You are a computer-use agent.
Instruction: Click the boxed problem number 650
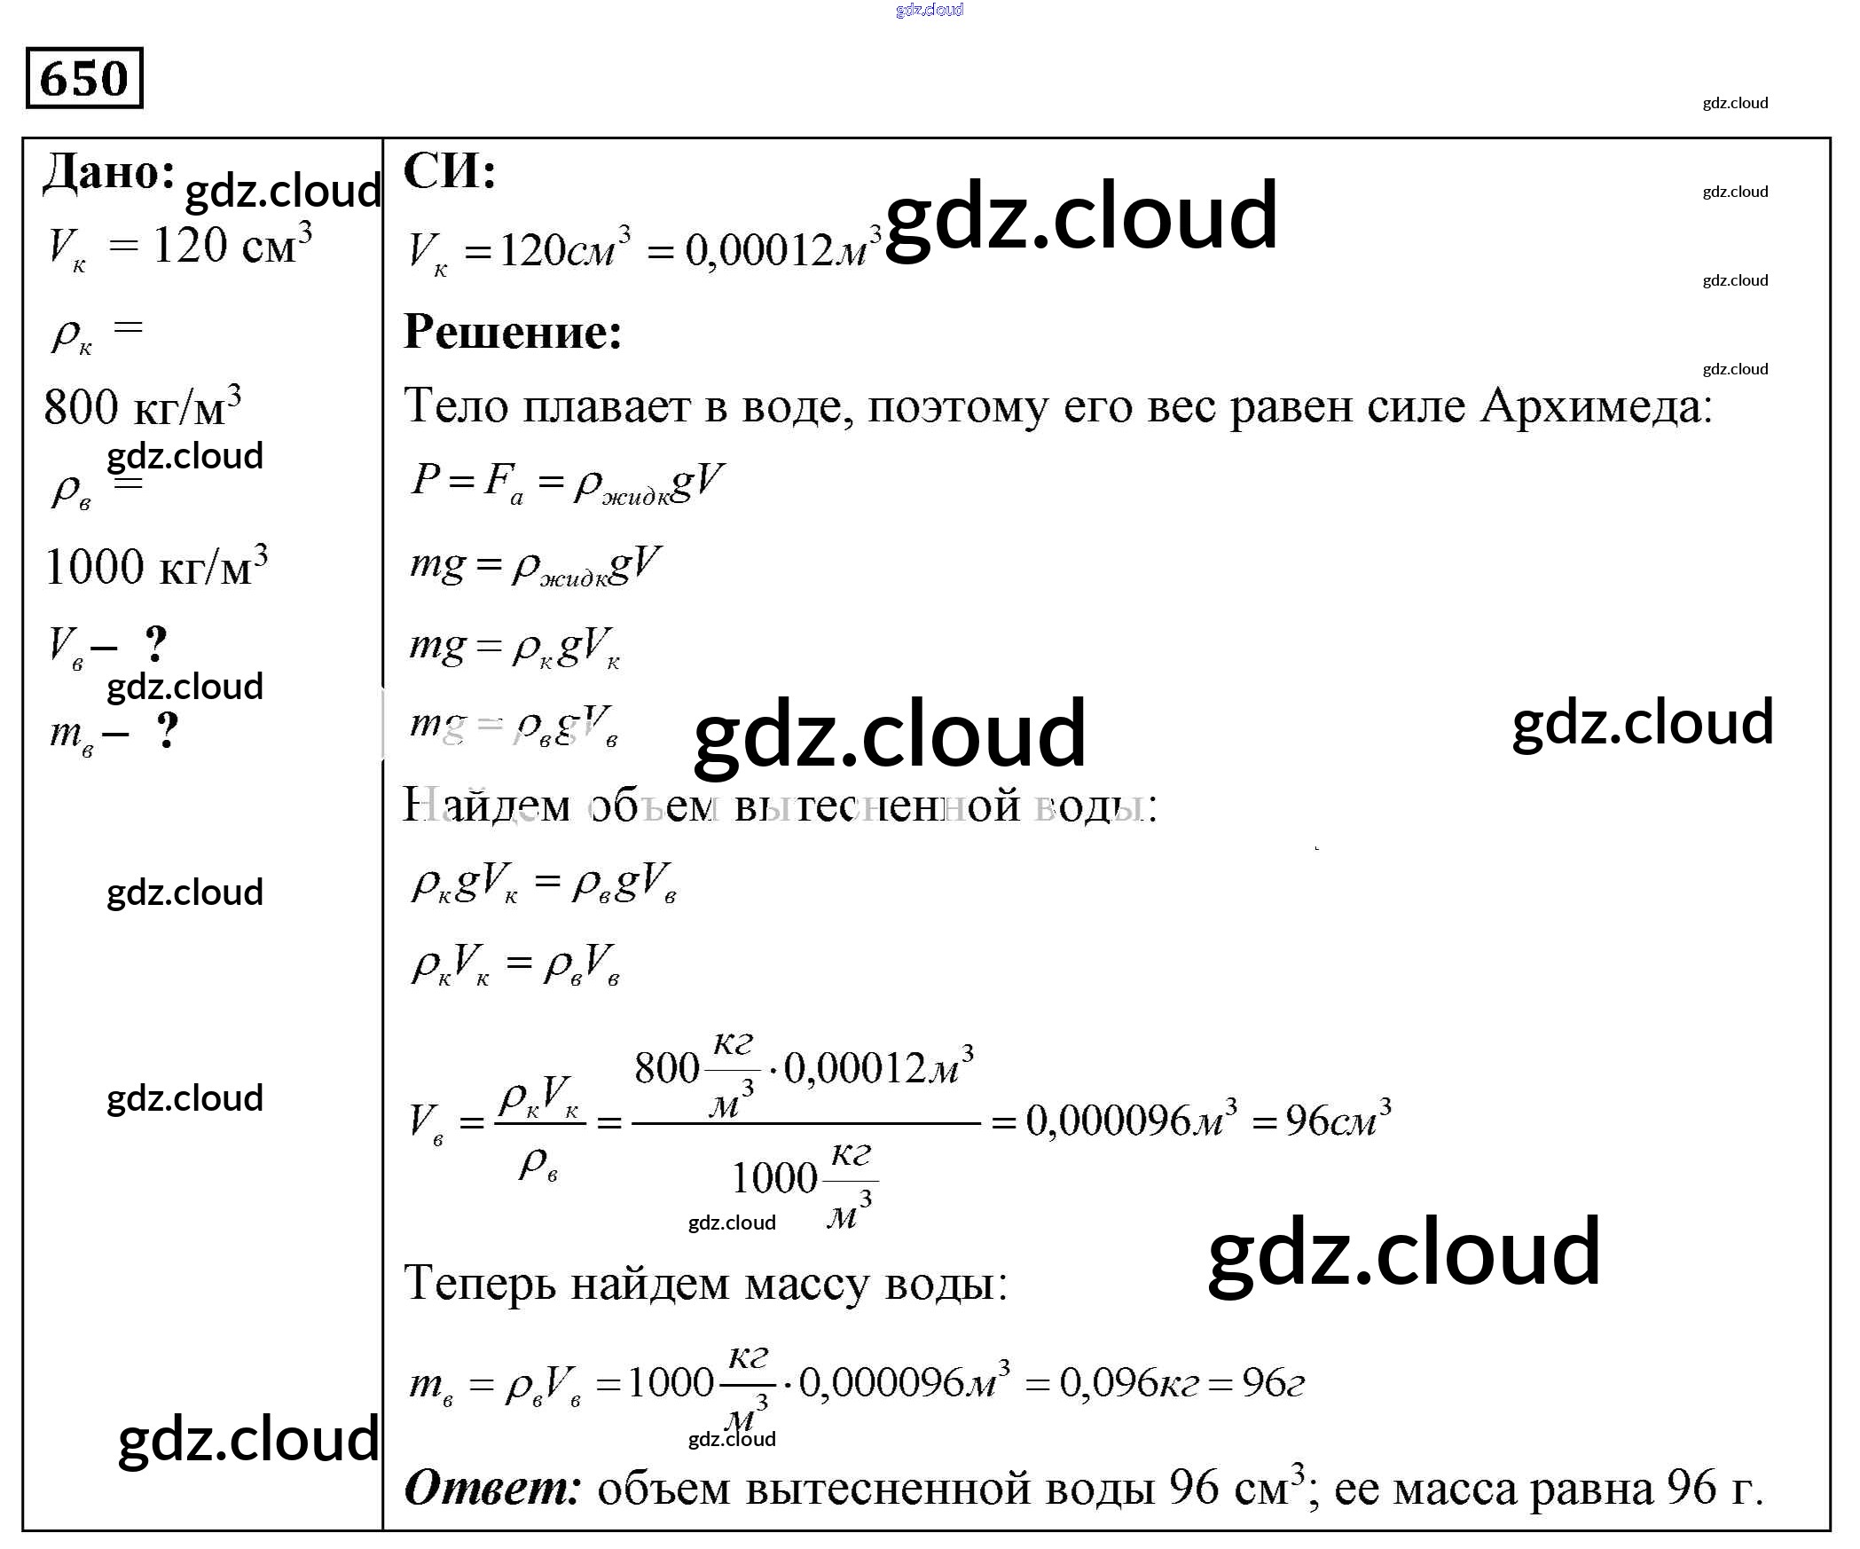coord(84,78)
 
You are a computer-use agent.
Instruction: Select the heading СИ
coord(449,170)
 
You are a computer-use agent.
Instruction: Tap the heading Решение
coord(513,333)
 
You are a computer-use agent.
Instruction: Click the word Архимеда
coord(1595,406)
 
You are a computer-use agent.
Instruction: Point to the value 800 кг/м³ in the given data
coord(142,406)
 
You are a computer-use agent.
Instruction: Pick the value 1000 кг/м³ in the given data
coord(155,566)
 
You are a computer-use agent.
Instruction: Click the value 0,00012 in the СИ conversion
coord(759,250)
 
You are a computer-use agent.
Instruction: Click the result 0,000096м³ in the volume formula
coord(1131,1120)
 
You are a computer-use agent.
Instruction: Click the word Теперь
coord(480,1284)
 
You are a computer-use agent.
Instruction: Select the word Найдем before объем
coord(486,805)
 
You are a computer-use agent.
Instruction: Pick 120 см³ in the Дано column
coord(232,245)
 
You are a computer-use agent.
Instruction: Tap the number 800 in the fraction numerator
coord(667,1067)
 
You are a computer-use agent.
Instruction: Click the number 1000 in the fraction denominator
coord(773,1178)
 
